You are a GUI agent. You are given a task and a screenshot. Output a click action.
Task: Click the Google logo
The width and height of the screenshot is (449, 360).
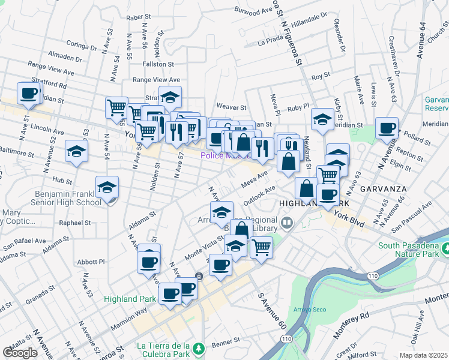[x=20, y=352]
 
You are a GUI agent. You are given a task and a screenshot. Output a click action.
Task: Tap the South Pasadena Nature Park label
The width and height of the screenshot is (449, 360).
[x=411, y=251]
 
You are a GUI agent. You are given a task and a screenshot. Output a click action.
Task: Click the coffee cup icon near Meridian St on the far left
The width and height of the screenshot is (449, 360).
[x=29, y=94]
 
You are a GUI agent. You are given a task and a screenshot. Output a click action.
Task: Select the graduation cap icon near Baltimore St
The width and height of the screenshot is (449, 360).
[x=77, y=152]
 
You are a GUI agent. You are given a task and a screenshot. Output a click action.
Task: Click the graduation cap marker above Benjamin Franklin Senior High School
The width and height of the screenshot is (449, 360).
[x=107, y=188]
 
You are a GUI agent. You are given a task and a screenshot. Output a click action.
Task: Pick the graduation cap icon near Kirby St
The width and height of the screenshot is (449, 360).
[x=322, y=120]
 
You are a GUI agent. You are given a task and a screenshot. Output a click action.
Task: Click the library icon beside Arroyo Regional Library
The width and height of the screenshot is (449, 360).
[x=287, y=224]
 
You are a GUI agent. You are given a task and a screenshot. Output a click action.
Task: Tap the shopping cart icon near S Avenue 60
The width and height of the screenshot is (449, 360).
[x=261, y=247]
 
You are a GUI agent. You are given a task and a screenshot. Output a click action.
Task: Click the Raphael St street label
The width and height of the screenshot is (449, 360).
[x=76, y=222]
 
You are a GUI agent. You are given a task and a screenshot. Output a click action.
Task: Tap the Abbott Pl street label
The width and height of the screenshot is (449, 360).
[x=91, y=262]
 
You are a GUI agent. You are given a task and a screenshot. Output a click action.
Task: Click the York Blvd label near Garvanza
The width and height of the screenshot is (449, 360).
[x=349, y=219]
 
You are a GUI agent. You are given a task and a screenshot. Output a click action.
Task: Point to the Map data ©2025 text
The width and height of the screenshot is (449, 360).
[x=424, y=355]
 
